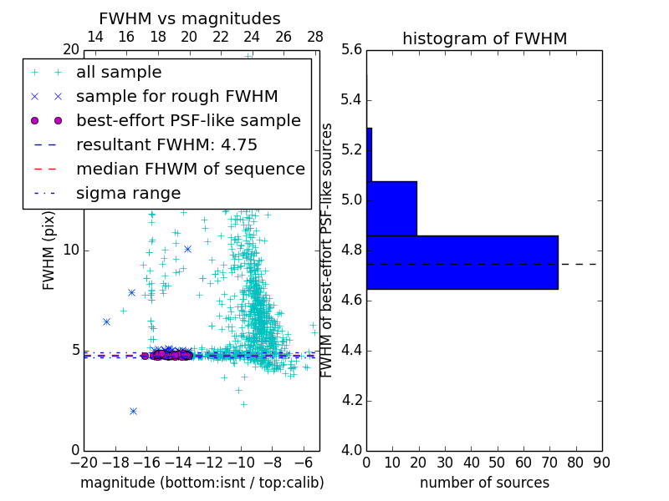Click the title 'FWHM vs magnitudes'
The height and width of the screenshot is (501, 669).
pos(189,19)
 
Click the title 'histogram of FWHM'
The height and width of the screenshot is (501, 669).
pos(484,38)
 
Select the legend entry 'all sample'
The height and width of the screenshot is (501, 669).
pos(119,73)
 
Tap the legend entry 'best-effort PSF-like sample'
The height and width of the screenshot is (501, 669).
pos(188,120)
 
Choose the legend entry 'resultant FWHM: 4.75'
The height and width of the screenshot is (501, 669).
pos(166,144)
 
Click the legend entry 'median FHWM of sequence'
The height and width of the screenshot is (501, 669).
pos(190,169)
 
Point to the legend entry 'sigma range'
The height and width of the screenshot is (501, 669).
pos(128,193)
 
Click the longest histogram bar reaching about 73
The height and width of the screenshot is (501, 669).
pos(462,262)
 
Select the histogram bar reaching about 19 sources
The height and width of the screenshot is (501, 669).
pos(391,208)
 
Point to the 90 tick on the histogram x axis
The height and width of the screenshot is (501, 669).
pos(600,462)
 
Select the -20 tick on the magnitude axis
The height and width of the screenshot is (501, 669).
pos(84,462)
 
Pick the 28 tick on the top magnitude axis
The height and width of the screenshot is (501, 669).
pos(315,37)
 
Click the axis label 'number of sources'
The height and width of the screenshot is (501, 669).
pos(484,483)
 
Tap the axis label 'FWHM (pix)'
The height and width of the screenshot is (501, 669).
pos(49,250)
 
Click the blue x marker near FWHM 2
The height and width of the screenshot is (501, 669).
pos(133,411)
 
